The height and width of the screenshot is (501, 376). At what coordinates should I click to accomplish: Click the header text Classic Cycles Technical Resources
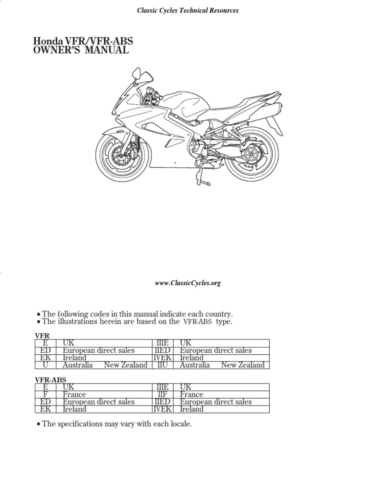tap(188, 10)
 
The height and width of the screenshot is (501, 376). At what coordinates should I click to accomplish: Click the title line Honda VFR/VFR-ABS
tap(83, 41)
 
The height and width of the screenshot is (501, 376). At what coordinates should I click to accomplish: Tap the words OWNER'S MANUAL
tap(81, 50)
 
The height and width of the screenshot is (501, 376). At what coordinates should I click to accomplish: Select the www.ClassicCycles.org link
tap(188, 283)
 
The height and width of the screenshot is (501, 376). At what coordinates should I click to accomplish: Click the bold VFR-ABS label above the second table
tap(50, 380)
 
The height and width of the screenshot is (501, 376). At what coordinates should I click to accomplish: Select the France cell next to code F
tap(74, 394)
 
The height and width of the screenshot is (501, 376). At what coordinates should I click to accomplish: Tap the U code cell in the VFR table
tap(46, 365)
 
